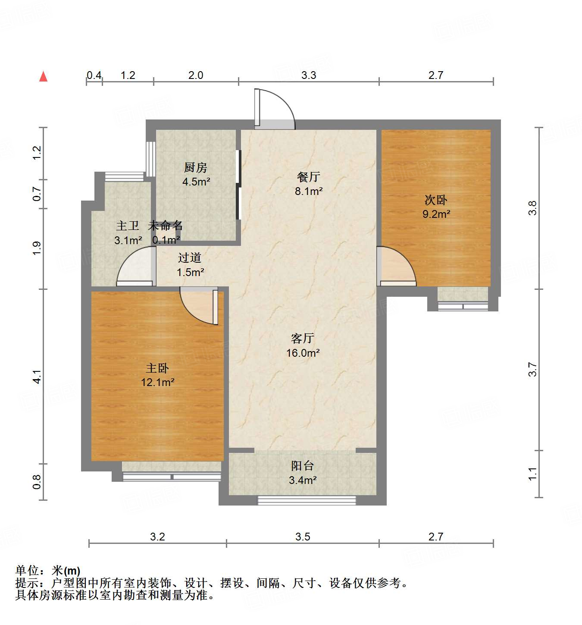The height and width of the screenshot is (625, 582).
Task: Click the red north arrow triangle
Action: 43,77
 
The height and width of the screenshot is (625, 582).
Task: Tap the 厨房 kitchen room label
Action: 196,167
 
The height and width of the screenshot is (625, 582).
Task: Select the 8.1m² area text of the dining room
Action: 309,191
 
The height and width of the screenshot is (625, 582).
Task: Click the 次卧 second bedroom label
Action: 436,200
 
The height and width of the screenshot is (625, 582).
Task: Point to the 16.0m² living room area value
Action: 303,353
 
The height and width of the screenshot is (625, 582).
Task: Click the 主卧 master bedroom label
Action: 157,368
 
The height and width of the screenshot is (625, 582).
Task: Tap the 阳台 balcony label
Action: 302,466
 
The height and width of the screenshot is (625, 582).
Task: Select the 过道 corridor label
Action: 190,258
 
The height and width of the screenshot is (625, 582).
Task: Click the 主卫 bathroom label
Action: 128,226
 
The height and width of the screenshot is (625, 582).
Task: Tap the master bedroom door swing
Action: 197,306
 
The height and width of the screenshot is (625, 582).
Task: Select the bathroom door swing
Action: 135,266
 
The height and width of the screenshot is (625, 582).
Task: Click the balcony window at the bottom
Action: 307,500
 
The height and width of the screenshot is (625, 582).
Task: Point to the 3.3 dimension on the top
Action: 309,75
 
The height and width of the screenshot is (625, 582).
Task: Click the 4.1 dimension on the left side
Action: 37,377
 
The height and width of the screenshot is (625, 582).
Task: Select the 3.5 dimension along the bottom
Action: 303,537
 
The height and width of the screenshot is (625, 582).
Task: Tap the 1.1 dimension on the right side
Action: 532,474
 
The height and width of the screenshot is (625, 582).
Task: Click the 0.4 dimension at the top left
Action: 94,75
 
